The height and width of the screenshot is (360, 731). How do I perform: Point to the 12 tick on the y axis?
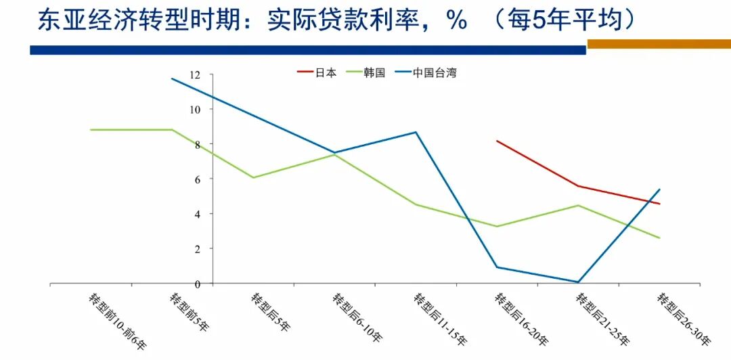pyautogui.click(x=196, y=74)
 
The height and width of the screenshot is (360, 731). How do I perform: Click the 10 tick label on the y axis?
pyautogui.click(x=196, y=109)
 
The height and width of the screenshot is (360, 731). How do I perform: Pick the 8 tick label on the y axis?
pyautogui.click(x=198, y=144)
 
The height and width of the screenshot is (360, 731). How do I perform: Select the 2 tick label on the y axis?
pyautogui.click(x=198, y=249)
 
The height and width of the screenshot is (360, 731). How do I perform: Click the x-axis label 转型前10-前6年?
pyautogui.click(x=116, y=321)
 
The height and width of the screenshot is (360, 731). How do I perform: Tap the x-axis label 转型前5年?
pyautogui.click(x=190, y=312)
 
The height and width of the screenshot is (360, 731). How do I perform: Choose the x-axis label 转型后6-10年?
pyautogui.click(x=357, y=317)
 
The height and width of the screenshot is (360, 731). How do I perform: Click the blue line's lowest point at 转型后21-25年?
pyautogui.click(x=579, y=282)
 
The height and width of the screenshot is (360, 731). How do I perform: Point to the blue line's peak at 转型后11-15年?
pyautogui.click(x=416, y=132)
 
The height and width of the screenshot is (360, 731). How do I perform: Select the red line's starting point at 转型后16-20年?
pyautogui.click(x=497, y=141)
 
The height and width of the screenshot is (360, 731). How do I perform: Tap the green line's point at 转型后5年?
pyautogui.click(x=253, y=177)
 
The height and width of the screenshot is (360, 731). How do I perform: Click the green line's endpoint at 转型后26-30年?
pyautogui.click(x=660, y=238)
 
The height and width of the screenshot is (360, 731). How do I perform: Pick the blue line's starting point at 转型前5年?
pyautogui.click(x=172, y=78)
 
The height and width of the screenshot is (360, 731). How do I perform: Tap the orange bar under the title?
pyautogui.click(x=659, y=44)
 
